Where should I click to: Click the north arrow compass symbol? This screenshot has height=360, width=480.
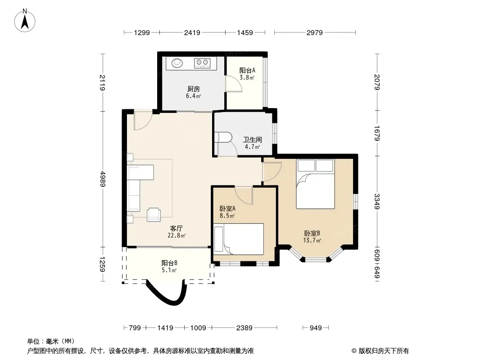25,21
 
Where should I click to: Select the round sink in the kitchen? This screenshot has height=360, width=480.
177,63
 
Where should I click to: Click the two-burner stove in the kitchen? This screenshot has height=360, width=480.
202,63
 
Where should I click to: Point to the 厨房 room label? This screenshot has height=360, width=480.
194,89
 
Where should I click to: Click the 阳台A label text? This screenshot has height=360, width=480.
247,70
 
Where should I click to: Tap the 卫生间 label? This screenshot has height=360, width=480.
253,140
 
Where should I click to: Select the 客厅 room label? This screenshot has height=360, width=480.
177,228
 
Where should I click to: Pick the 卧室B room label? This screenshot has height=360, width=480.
312,234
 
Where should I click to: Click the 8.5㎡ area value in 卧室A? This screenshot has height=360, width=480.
227,216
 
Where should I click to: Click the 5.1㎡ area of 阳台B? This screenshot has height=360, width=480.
169,270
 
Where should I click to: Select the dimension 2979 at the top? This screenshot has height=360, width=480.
315,32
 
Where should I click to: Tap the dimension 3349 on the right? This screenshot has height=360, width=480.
377,202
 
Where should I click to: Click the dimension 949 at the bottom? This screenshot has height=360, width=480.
316,328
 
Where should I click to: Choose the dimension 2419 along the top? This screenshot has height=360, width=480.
192,32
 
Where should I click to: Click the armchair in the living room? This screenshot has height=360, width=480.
154,214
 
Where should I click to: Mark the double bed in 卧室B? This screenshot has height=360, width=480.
315,184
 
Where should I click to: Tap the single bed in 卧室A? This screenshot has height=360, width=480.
239,239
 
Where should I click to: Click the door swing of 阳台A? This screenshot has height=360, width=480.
233,84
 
